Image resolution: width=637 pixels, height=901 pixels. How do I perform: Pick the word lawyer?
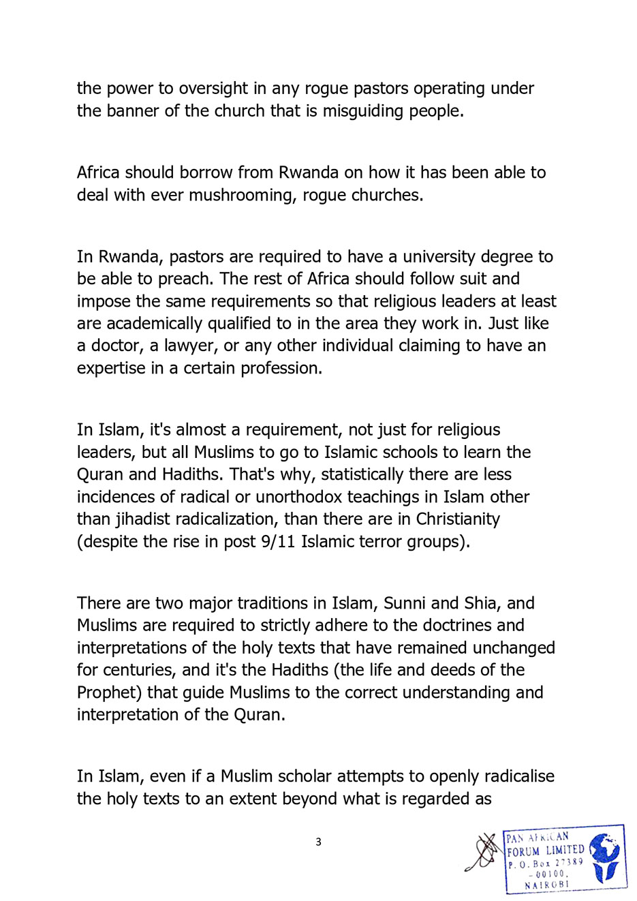(x=189, y=346)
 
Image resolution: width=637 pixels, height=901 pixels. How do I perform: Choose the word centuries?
(x=140, y=670)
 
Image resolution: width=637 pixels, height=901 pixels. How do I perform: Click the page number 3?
(x=318, y=842)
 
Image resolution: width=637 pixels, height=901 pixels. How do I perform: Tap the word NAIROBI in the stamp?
(x=546, y=885)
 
